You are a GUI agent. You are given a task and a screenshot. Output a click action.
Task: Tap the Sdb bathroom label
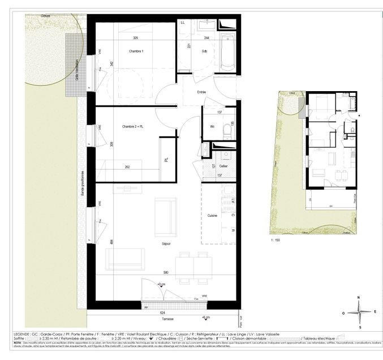click(204, 52)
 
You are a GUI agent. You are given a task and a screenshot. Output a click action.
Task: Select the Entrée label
click(201, 92)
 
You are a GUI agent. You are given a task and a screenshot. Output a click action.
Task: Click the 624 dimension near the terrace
click(162, 312)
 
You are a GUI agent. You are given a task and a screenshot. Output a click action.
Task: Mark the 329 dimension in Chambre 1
click(136, 38)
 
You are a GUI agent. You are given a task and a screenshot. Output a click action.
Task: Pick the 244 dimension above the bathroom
click(207, 38)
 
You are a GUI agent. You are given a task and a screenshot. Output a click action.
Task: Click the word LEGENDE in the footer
click(23, 335)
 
